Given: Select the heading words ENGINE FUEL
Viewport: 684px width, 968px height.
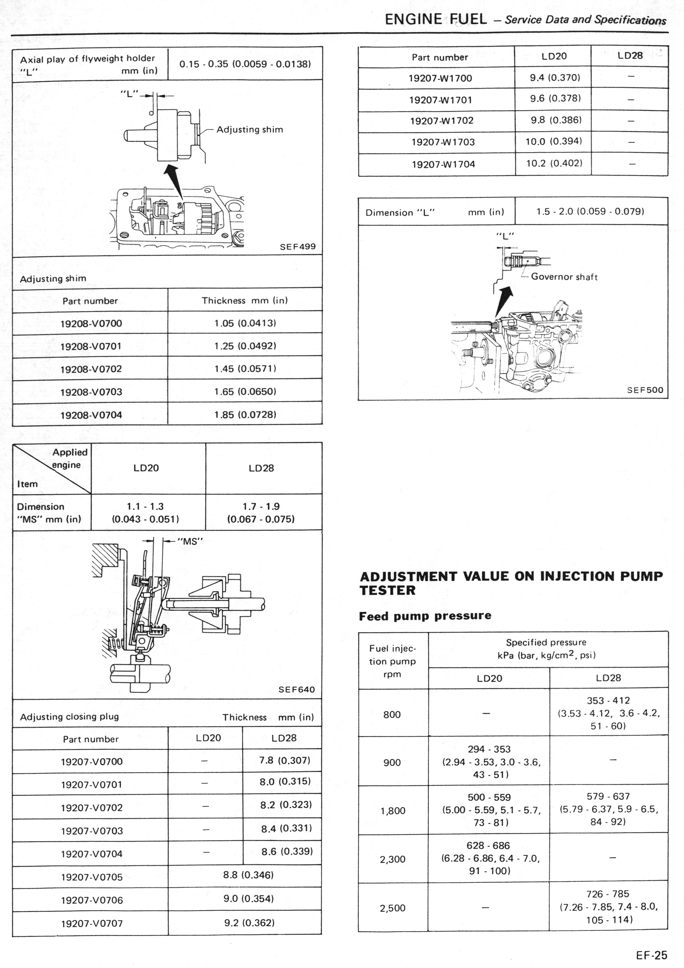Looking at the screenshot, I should (436, 19).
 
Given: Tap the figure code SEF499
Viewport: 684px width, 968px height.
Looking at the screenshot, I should (298, 247).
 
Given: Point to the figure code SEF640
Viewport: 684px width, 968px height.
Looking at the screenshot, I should (296, 690).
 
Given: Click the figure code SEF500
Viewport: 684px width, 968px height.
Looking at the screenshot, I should (645, 390).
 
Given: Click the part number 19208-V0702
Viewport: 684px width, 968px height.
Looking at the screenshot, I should (91, 369).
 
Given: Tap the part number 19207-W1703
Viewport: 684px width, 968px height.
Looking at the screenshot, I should (443, 142).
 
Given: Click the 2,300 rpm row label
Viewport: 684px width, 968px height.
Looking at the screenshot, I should (392, 859).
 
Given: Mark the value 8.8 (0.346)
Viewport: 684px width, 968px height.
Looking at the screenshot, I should (248, 875).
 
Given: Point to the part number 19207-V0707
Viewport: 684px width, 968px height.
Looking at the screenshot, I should (92, 923).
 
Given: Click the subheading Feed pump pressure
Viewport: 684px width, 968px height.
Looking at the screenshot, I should (425, 616).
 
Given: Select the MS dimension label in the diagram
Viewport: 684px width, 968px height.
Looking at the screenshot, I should (190, 541).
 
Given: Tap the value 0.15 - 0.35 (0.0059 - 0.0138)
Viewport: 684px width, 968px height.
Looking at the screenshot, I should (245, 64).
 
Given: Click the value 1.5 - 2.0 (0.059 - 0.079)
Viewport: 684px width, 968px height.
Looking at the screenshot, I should (590, 211).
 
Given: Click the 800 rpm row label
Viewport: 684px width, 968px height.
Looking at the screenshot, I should (392, 715).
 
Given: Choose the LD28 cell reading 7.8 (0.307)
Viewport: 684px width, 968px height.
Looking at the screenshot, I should (285, 760).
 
